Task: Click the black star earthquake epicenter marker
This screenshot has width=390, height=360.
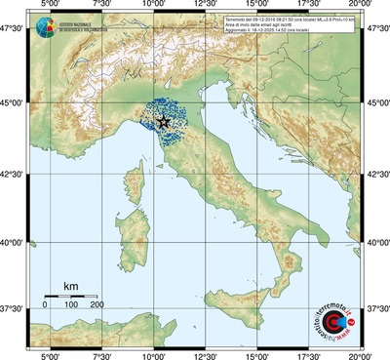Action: point(163,122)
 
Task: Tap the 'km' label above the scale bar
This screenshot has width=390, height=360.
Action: point(70,285)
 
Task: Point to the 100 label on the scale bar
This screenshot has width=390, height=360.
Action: point(70,305)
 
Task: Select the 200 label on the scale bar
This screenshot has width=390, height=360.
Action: point(97,305)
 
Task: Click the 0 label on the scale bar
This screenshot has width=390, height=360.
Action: point(45,305)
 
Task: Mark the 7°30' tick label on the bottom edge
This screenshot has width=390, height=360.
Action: point(101,354)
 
